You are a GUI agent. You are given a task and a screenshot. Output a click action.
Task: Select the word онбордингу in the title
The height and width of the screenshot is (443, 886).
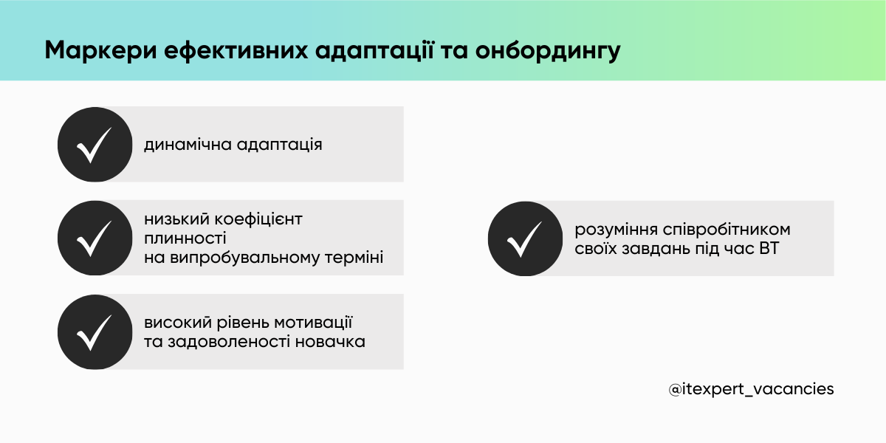(x=548, y=51)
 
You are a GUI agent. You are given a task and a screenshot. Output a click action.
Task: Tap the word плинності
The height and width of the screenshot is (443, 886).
(x=185, y=238)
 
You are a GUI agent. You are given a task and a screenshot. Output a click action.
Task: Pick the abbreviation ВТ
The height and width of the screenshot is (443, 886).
(x=768, y=249)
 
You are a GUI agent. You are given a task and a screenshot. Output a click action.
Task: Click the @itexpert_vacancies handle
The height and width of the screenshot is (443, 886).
(x=751, y=388)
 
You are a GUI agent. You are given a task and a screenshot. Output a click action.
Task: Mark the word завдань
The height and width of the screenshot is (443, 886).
(x=653, y=249)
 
